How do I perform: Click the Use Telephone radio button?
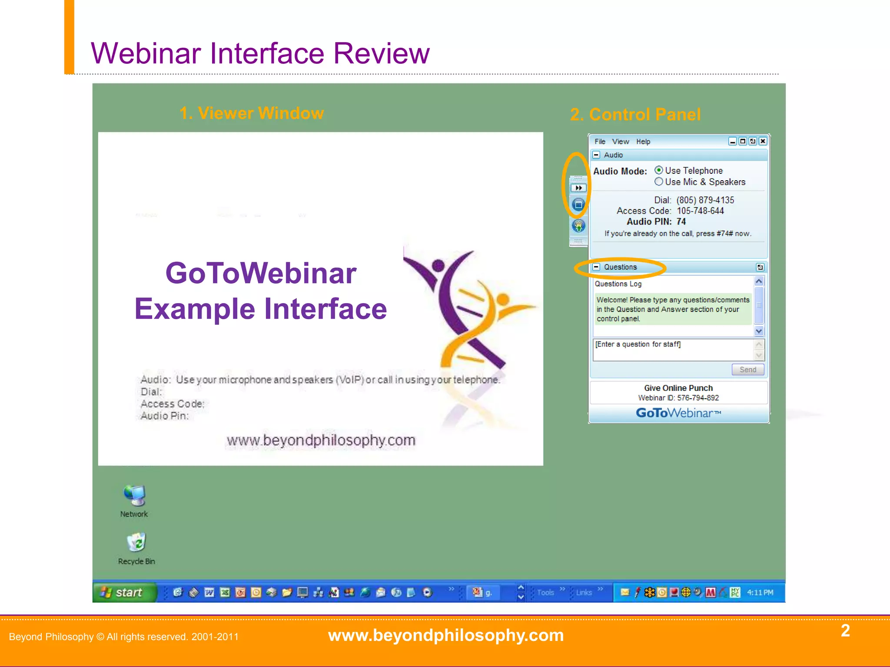[659, 170]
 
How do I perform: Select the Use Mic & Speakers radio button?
[659, 182]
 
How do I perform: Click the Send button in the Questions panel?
[747, 370]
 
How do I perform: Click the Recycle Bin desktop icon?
[136, 543]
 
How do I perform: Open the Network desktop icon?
[134, 496]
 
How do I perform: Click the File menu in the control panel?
[600, 142]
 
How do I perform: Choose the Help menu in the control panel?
[643, 142]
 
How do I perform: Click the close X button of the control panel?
[763, 141]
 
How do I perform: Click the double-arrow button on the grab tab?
[578, 188]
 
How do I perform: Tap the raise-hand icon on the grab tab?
[578, 226]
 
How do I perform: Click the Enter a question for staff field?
[673, 349]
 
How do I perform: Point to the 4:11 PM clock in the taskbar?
[760, 592]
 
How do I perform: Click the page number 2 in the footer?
[845, 631]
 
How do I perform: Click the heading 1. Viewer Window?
[252, 113]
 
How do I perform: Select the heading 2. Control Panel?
[635, 115]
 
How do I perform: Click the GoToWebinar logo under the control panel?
[678, 413]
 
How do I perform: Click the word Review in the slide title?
[381, 53]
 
